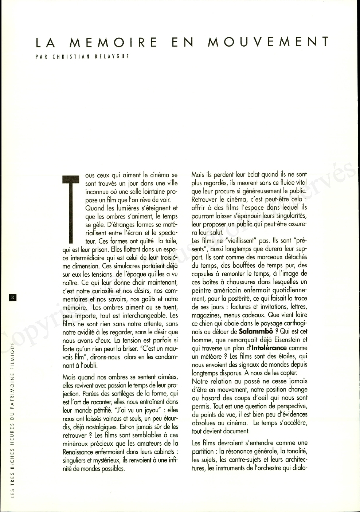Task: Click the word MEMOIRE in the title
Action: (113, 42)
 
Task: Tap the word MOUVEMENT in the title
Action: (268, 42)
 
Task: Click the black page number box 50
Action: (12, 298)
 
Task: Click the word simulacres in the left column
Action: (122, 266)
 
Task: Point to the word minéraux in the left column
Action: (75, 444)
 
